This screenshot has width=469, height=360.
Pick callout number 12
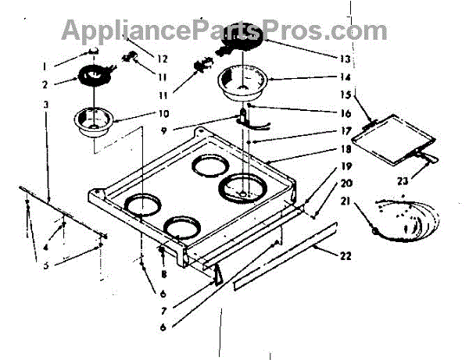coord(163,59)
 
